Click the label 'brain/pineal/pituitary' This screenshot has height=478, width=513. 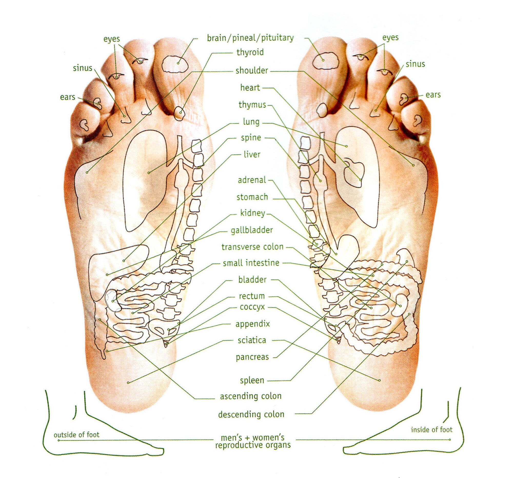pos(250,38)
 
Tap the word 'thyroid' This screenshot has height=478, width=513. pos(250,52)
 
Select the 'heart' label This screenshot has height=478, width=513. pos(250,88)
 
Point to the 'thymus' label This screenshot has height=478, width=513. pos(252,105)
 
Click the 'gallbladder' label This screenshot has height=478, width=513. pos(252,230)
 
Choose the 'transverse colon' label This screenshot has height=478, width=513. pos(252,247)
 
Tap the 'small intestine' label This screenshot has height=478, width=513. pos(251,263)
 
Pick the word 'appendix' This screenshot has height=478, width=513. pos(252,324)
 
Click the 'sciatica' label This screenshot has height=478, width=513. pos(252,340)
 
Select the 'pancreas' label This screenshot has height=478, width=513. pos(252,357)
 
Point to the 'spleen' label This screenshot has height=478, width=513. pos(252,381)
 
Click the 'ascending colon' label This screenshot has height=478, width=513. pos(251,396)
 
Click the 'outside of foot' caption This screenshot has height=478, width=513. pos(76,435)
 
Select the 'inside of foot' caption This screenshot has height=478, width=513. pos(431,430)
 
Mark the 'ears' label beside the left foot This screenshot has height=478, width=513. pos(67,97)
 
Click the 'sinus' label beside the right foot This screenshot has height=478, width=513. pos(415,64)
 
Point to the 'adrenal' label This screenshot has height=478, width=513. pos(252,180)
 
